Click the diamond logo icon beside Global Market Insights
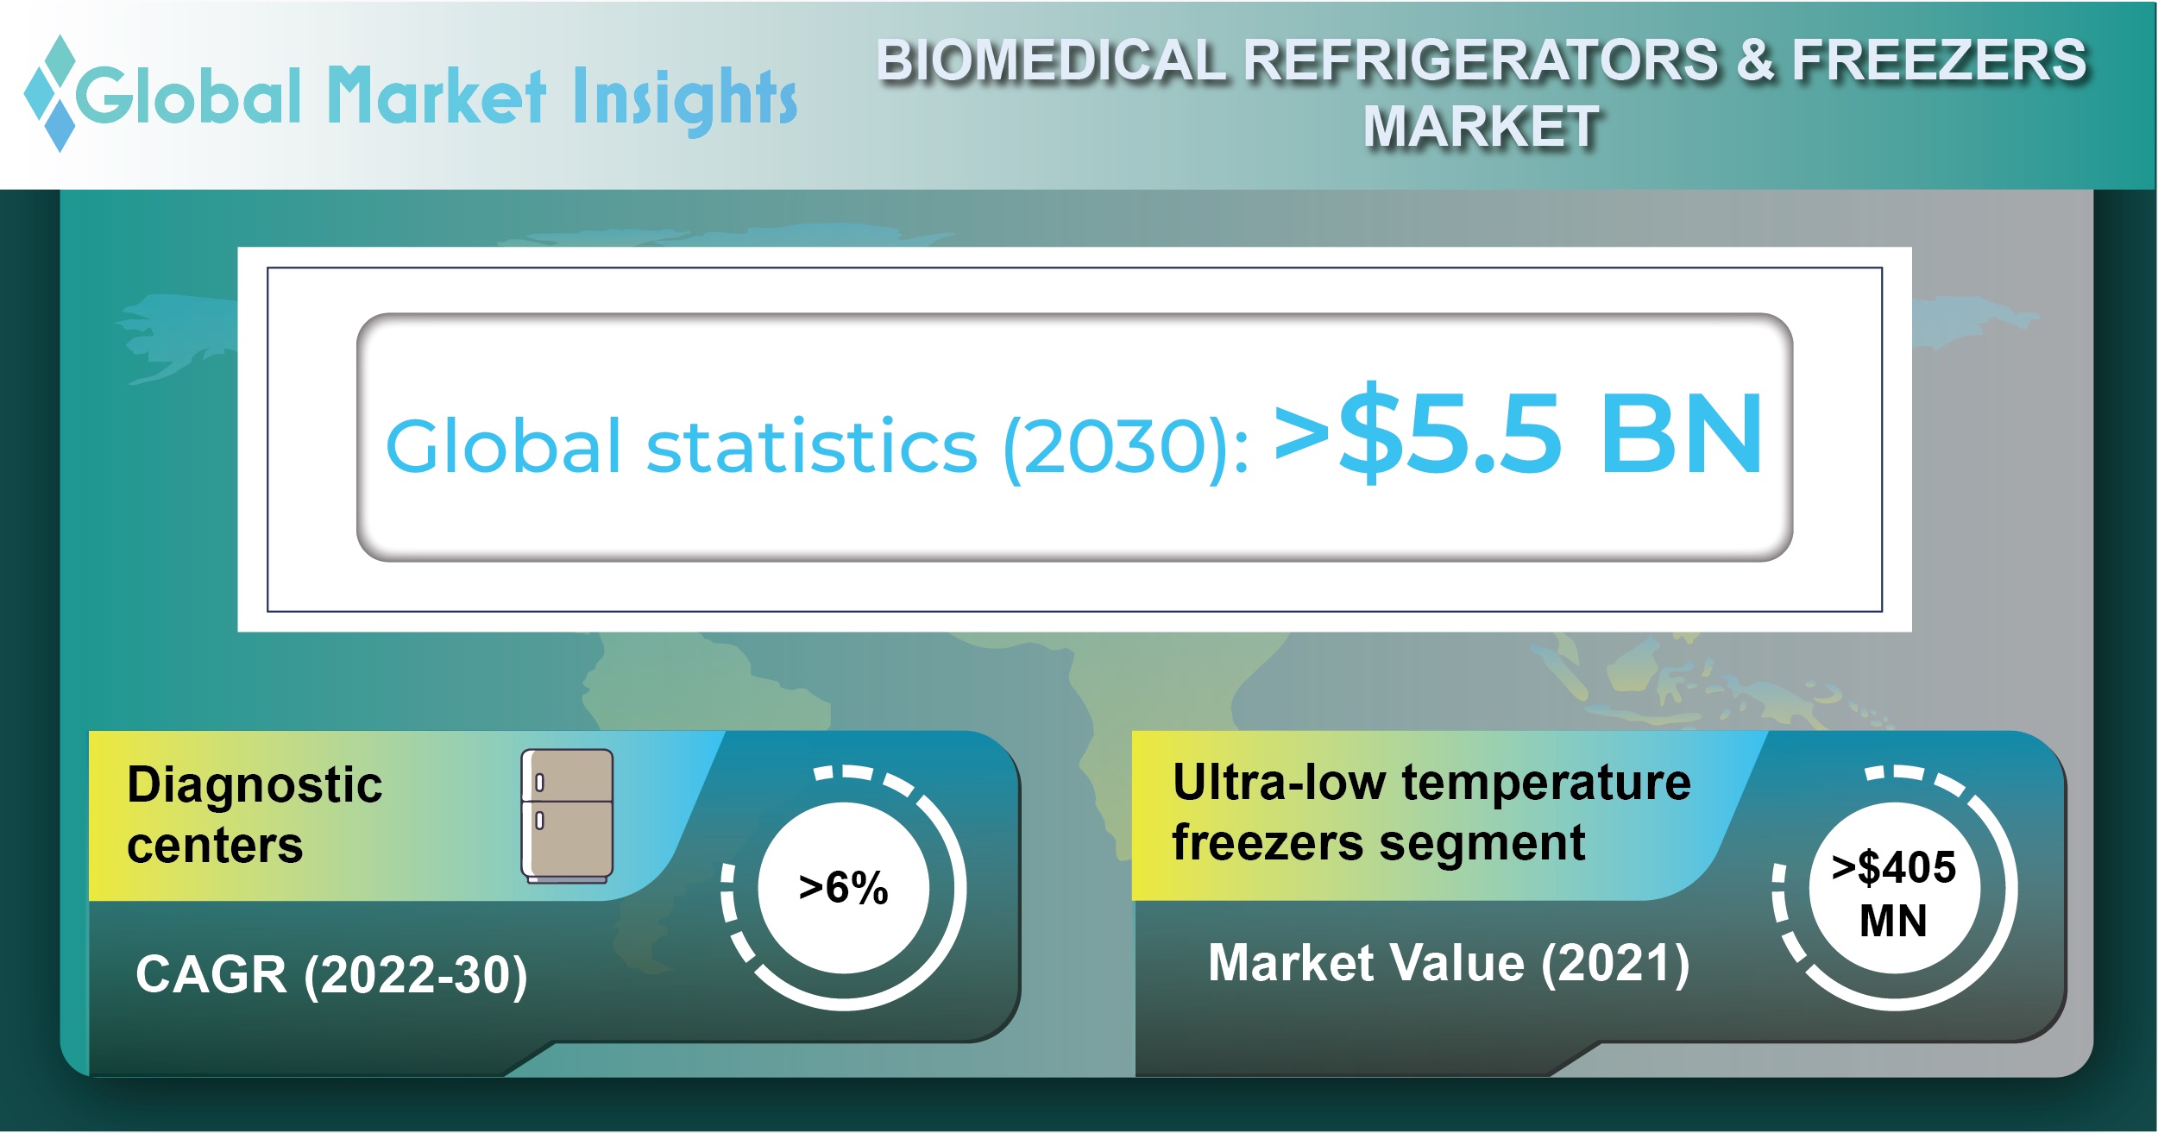coord(52,94)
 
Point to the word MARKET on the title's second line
coord(1482,127)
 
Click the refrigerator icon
coord(567,816)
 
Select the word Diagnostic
coord(255,786)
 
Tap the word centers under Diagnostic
coord(215,845)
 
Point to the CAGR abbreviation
coord(211,974)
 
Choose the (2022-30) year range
coord(415,976)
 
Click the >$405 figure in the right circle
coord(1894,867)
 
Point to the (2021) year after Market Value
coord(1615,964)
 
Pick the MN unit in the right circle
coord(1893,921)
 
